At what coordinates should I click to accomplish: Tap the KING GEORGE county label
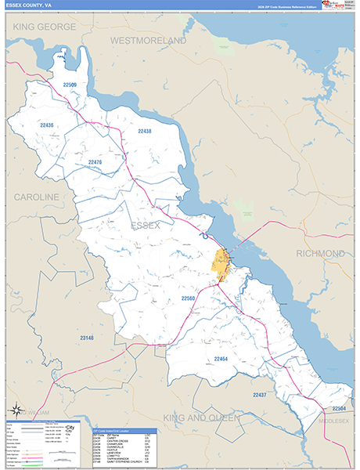coord(45,27)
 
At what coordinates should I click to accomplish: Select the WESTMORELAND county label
coord(148,39)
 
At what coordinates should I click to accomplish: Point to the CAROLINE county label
coord(37,196)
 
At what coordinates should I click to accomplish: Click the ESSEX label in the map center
coord(146,226)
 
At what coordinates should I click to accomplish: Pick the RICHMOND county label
coord(319,254)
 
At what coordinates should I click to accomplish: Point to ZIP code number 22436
coord(47,125)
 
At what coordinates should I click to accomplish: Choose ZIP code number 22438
coord(144,131)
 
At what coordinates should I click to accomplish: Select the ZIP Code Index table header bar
coord(125,431)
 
